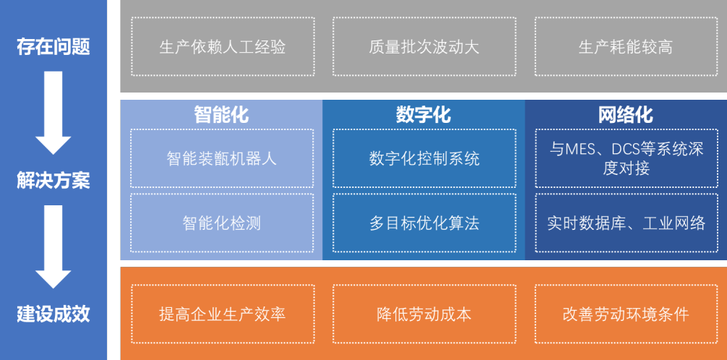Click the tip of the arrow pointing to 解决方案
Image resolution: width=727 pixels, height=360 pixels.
point(53,155)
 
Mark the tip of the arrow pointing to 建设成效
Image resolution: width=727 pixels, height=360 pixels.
point(53,288)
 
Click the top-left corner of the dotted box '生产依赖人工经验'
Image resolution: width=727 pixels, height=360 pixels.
point(132,17)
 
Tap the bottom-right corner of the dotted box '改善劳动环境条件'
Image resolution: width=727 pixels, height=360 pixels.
point(718,343)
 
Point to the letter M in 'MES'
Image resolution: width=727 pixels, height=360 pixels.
point(571,150)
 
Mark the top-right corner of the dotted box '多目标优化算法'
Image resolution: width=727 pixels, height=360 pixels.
point(516,194)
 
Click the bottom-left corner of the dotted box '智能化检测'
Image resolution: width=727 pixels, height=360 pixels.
point(131,252)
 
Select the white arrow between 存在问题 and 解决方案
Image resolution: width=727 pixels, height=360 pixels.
point(53,113)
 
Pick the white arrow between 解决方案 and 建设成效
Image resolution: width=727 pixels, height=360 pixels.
point(53,247)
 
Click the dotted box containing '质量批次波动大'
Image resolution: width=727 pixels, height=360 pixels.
point(424,46)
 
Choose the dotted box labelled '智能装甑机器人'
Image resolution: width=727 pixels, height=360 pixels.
point(222,158)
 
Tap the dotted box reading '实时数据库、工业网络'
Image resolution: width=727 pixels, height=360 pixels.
point(627,223)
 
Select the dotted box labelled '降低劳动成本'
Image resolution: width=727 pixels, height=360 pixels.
point(424,314)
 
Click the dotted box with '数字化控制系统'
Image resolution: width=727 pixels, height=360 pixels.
point(424,158)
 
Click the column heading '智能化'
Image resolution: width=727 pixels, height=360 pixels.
point(221,114)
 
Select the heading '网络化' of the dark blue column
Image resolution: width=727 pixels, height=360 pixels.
point(625,114)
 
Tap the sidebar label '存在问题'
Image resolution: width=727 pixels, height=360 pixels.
point(53,47)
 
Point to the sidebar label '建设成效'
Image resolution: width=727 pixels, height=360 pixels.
point(53,314)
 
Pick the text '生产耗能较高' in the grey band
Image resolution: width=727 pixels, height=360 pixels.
point(625,47)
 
